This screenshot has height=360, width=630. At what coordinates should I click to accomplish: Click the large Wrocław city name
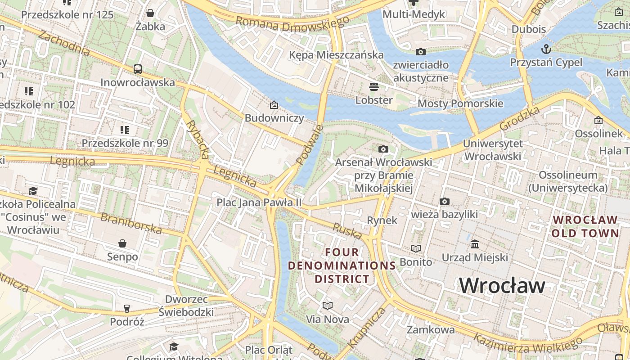click(x=502, y=285)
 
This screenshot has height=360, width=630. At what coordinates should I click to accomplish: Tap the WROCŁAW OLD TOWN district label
click(x=585, y=226)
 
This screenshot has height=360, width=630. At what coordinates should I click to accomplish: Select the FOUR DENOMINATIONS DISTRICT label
click(x=342, y=265)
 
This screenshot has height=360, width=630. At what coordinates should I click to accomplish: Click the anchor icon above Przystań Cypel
click(x=546, y=49)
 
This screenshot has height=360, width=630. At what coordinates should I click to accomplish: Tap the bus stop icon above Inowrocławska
click(x=138, y=69)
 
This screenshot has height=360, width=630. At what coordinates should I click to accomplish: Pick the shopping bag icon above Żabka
click(x=150, y=13)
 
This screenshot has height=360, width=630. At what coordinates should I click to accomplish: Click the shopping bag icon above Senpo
click(x=122, y=243)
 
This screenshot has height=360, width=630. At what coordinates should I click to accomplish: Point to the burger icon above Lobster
click(x=374, y=86)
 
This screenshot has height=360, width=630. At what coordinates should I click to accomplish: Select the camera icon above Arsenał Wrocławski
click(x=383, y=149)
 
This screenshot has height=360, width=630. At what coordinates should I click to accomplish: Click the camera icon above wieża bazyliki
click(x=444, y=201)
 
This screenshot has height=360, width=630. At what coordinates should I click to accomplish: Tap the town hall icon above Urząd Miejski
click(x=475, y=244)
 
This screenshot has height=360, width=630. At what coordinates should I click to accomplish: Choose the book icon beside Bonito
click(x=416, y=248)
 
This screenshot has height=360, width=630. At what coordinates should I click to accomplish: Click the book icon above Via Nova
click(x=328, y=306)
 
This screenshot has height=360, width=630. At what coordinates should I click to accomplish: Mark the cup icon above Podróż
click(x=127, y=308)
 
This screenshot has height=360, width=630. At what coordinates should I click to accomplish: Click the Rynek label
click(x=382, y=220)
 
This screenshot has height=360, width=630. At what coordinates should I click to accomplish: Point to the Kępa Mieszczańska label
click(x=336, y=55)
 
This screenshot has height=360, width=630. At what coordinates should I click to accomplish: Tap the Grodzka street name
click(x=520, y=119)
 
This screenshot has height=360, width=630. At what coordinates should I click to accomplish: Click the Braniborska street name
click(x=131, y=223)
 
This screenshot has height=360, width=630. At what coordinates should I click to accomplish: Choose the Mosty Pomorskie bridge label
click(x=460, y=103)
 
